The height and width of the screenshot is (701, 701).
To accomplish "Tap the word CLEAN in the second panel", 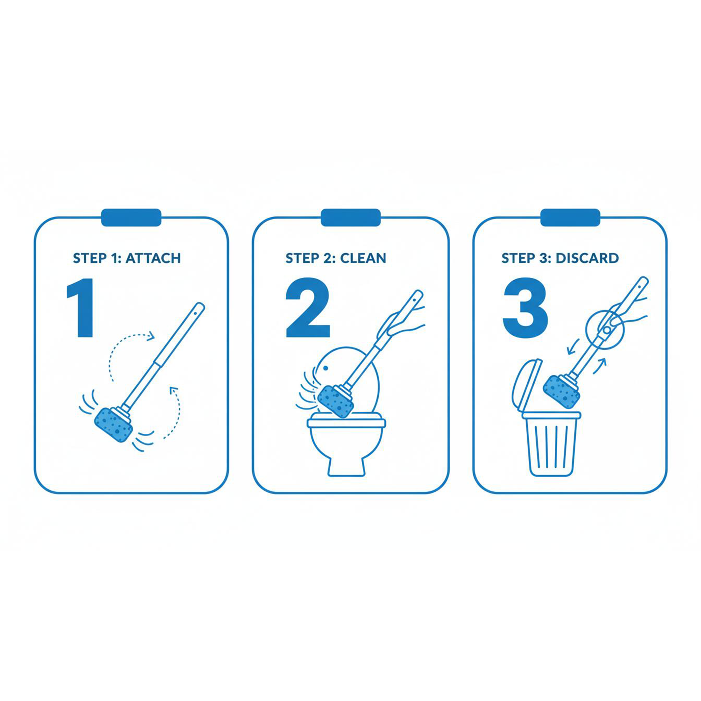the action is [x=363, y=258].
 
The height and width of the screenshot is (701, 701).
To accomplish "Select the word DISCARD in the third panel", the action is [x=587, y=258].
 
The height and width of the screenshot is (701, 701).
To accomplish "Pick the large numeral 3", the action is [x=525, y=308].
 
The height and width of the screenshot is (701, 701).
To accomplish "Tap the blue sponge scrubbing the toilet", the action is [x=336, y=401].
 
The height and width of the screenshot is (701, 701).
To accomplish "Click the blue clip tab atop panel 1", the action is [x=131, y=217].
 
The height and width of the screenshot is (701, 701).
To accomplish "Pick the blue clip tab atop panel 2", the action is [x=351, y=217].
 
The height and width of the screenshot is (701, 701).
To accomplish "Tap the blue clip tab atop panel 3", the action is [x=570, y=217].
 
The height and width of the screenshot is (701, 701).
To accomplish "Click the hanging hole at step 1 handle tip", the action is [x=196, y=311].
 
